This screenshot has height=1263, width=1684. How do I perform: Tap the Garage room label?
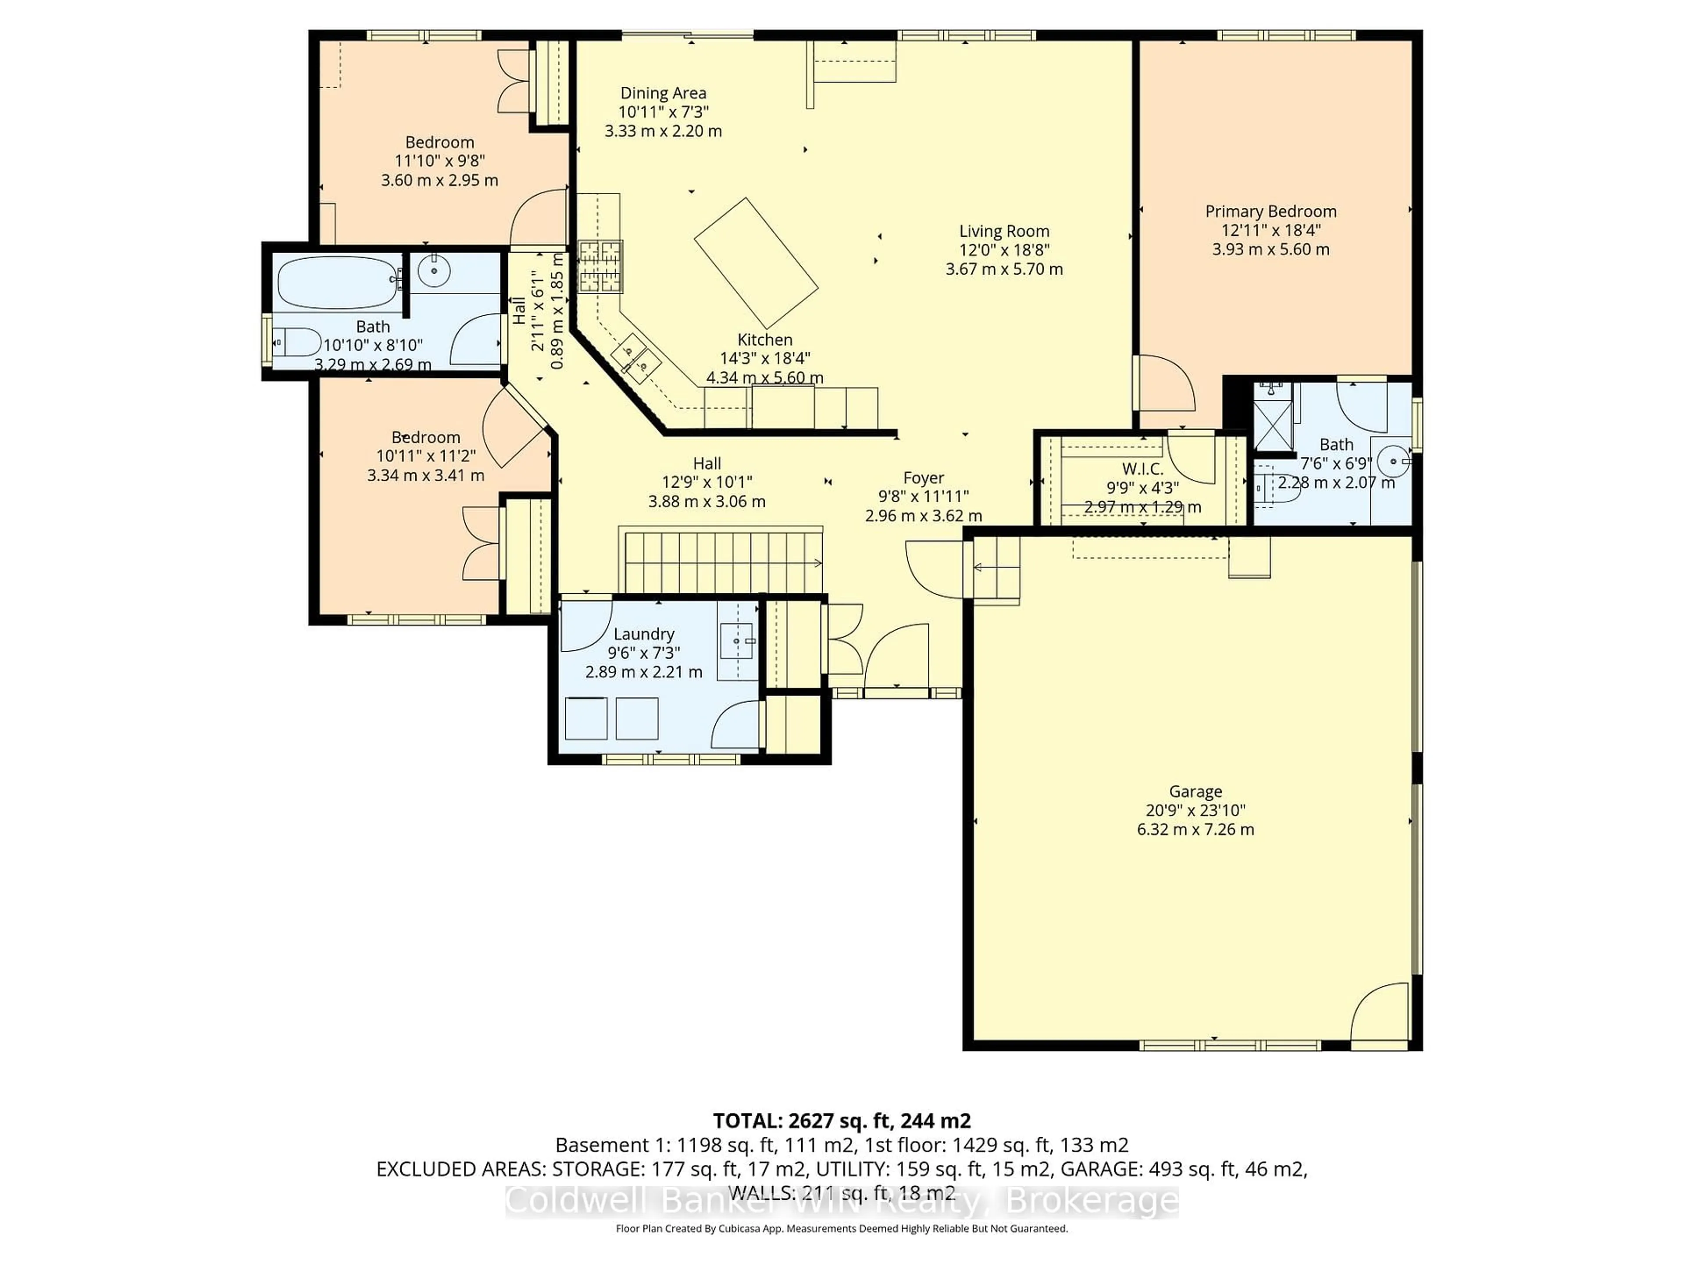[1195, 791]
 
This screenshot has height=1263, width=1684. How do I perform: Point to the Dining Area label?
[663, 93]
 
